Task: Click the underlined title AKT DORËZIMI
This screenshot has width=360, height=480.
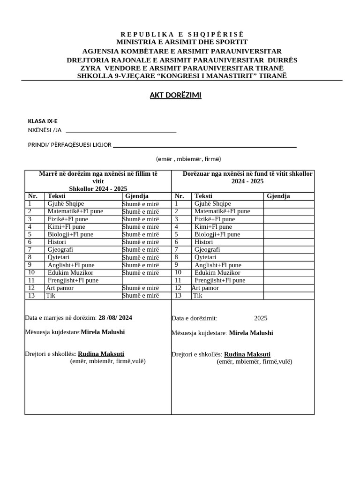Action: click(x=175, y=95)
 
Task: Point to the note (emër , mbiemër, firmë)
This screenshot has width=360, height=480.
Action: click(x=188, y=159)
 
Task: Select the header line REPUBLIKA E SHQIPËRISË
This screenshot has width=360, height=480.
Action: click(x=182, y=34)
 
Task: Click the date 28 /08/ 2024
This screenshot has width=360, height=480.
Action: click(x=115, y=318)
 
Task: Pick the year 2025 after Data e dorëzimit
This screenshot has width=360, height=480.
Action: click(x=261, y=318)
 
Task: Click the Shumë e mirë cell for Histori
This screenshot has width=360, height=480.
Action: click(x=141, y=242)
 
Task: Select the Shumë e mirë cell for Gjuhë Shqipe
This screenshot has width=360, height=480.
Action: click(x=141, y=204)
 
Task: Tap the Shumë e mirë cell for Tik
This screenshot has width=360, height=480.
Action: click(x=141, y=296)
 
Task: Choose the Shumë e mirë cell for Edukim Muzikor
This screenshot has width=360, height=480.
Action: click(x=141, y=273)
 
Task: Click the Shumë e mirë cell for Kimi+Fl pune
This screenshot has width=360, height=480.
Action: click(x=141, y=227)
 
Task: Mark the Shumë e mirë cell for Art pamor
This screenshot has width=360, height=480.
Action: click(x=141, y=288)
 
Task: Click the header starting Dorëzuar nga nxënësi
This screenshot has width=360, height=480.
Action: click(x=247, y=177)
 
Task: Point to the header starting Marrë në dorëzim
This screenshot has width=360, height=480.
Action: click(x=98, y=180)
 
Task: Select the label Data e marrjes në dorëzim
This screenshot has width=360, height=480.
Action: click(x=60, y=318)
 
